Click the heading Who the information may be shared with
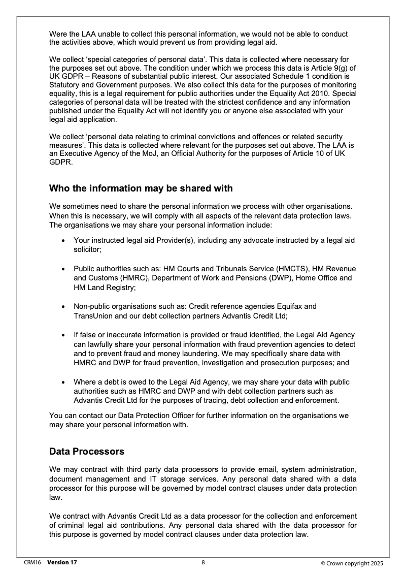[141, 188]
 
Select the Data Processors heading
[86, 451]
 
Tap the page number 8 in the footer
[203, 562]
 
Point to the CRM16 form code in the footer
[32, 562]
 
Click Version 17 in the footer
[62, 562]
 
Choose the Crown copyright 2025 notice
[352, 563]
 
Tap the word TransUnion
[92, 315]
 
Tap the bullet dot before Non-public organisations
[62, 307]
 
